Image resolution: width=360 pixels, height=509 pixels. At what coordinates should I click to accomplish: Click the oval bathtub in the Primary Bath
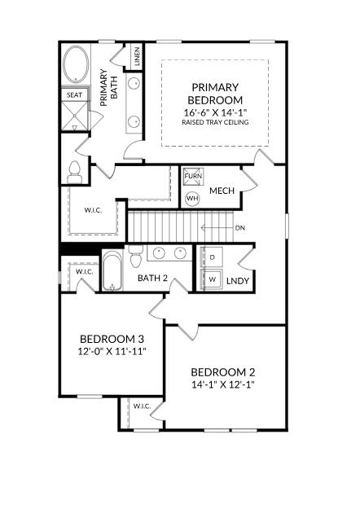76,64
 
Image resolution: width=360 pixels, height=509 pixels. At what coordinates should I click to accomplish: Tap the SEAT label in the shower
74,95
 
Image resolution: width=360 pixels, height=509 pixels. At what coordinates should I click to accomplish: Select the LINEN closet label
137,56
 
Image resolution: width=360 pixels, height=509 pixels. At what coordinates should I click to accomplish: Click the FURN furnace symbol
193,177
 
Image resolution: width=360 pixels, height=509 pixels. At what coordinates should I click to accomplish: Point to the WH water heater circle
192,199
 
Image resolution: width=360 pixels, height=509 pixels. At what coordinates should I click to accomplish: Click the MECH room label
222,191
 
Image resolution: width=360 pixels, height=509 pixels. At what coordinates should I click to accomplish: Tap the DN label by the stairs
240,228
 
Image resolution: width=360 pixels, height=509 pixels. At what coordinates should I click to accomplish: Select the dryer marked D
212,257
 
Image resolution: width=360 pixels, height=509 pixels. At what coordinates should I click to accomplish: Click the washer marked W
212,279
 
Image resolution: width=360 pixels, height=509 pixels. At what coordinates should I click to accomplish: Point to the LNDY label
238,281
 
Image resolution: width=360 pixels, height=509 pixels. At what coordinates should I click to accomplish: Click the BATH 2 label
152,279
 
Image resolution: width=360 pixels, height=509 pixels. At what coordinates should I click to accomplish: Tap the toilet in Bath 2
136,257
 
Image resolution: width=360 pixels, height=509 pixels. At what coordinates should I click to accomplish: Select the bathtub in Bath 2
112,270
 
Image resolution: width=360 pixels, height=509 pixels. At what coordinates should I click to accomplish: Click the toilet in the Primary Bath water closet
74,173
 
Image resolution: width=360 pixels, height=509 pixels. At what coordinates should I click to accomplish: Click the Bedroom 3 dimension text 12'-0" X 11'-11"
112,352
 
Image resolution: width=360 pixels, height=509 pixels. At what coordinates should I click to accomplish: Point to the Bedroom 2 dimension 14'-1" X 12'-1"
222,384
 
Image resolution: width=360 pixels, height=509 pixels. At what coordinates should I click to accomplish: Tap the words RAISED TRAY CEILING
215,122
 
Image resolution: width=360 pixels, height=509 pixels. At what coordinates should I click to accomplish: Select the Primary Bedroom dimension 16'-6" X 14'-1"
215,112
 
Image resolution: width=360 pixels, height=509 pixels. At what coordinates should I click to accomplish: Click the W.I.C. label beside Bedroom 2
142,406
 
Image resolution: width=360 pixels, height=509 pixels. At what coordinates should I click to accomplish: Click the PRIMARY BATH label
109,87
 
